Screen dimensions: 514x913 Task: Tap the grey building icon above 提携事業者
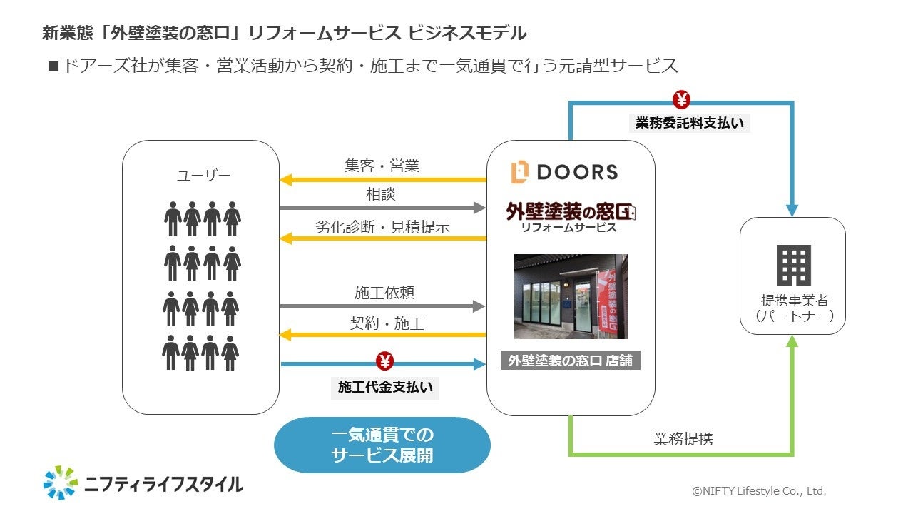coord(793,266)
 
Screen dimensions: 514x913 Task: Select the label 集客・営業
coord(382,166)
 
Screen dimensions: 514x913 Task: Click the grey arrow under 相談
coord(382,208)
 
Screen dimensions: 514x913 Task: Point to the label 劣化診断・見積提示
coord(382,227)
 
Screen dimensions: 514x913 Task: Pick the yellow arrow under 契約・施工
coord(382,334)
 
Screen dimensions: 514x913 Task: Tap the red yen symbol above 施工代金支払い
coord(384,362)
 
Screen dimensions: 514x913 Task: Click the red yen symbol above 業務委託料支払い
coord(681,99)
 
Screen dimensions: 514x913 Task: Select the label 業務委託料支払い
coord(690,123)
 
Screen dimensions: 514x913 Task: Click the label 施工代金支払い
coord(385,387)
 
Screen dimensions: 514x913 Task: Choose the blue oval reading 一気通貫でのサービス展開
coord(382,445)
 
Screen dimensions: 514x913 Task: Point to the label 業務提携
coord(683,439)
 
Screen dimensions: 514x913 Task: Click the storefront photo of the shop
coord(571,296)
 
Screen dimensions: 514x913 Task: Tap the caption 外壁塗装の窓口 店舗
coord(571,361)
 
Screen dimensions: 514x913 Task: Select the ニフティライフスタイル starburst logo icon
coord(61,483)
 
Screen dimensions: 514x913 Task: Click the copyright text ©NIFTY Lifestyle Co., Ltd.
coord(759,491)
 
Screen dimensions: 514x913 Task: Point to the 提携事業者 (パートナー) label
coord(793,308)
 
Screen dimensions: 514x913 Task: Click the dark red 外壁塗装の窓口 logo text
coord(570,211)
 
